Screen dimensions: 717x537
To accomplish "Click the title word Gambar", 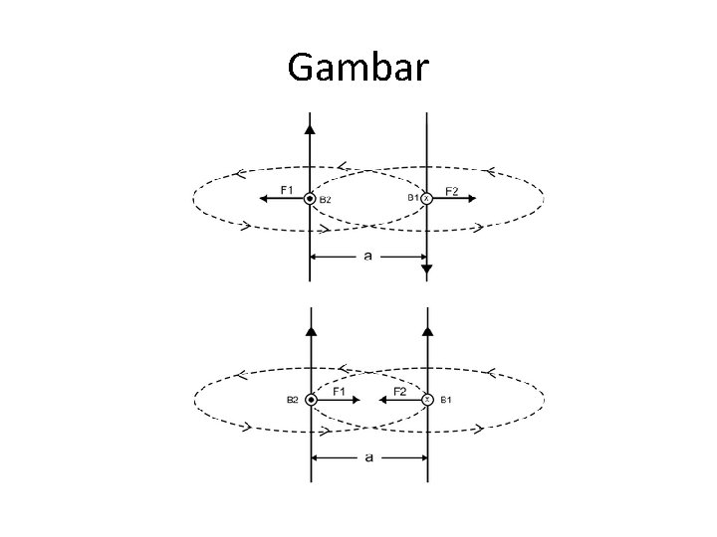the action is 358,68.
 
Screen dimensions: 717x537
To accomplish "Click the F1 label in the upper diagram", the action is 287,189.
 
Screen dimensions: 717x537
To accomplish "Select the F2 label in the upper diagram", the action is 451,190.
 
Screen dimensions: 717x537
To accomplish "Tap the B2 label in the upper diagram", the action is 325,201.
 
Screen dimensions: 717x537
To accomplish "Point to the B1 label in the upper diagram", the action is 412,198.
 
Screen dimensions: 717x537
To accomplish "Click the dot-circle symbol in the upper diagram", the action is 311,199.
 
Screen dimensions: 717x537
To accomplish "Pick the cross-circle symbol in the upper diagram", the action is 426,199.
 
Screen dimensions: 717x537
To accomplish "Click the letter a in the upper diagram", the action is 368,256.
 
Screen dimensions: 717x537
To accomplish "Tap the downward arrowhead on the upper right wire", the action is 426,269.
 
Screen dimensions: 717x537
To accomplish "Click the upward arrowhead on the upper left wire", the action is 311,127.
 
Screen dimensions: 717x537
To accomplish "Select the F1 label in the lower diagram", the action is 340,392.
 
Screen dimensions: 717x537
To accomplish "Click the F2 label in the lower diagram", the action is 398,392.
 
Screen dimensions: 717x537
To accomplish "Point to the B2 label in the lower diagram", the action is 293,400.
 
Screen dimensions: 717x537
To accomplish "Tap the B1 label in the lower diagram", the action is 446,400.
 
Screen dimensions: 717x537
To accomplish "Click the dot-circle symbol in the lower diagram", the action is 311,399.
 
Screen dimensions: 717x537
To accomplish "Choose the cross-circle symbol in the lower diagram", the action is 426,399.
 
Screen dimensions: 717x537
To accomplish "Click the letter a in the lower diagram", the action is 368,457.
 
